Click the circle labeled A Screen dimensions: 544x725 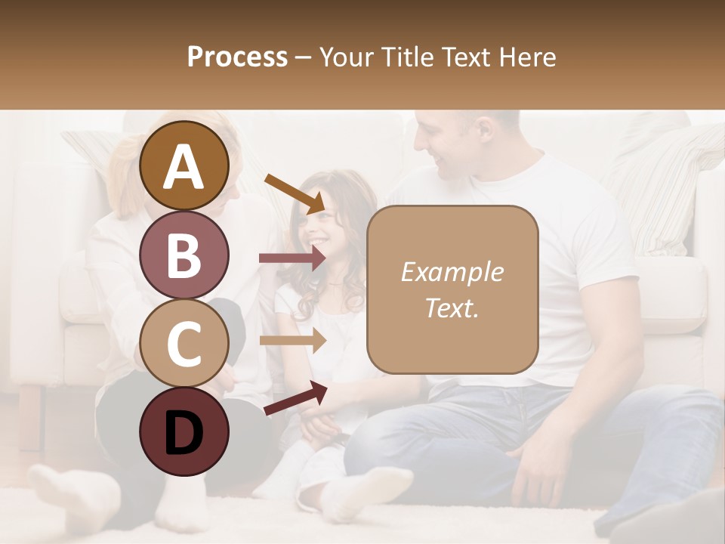184,165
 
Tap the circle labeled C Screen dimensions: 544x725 184,343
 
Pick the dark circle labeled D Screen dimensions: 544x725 184,431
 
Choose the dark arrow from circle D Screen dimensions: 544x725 295,398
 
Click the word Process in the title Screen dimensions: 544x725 237,57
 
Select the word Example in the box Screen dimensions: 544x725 452,272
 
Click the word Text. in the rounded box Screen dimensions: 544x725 452,308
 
